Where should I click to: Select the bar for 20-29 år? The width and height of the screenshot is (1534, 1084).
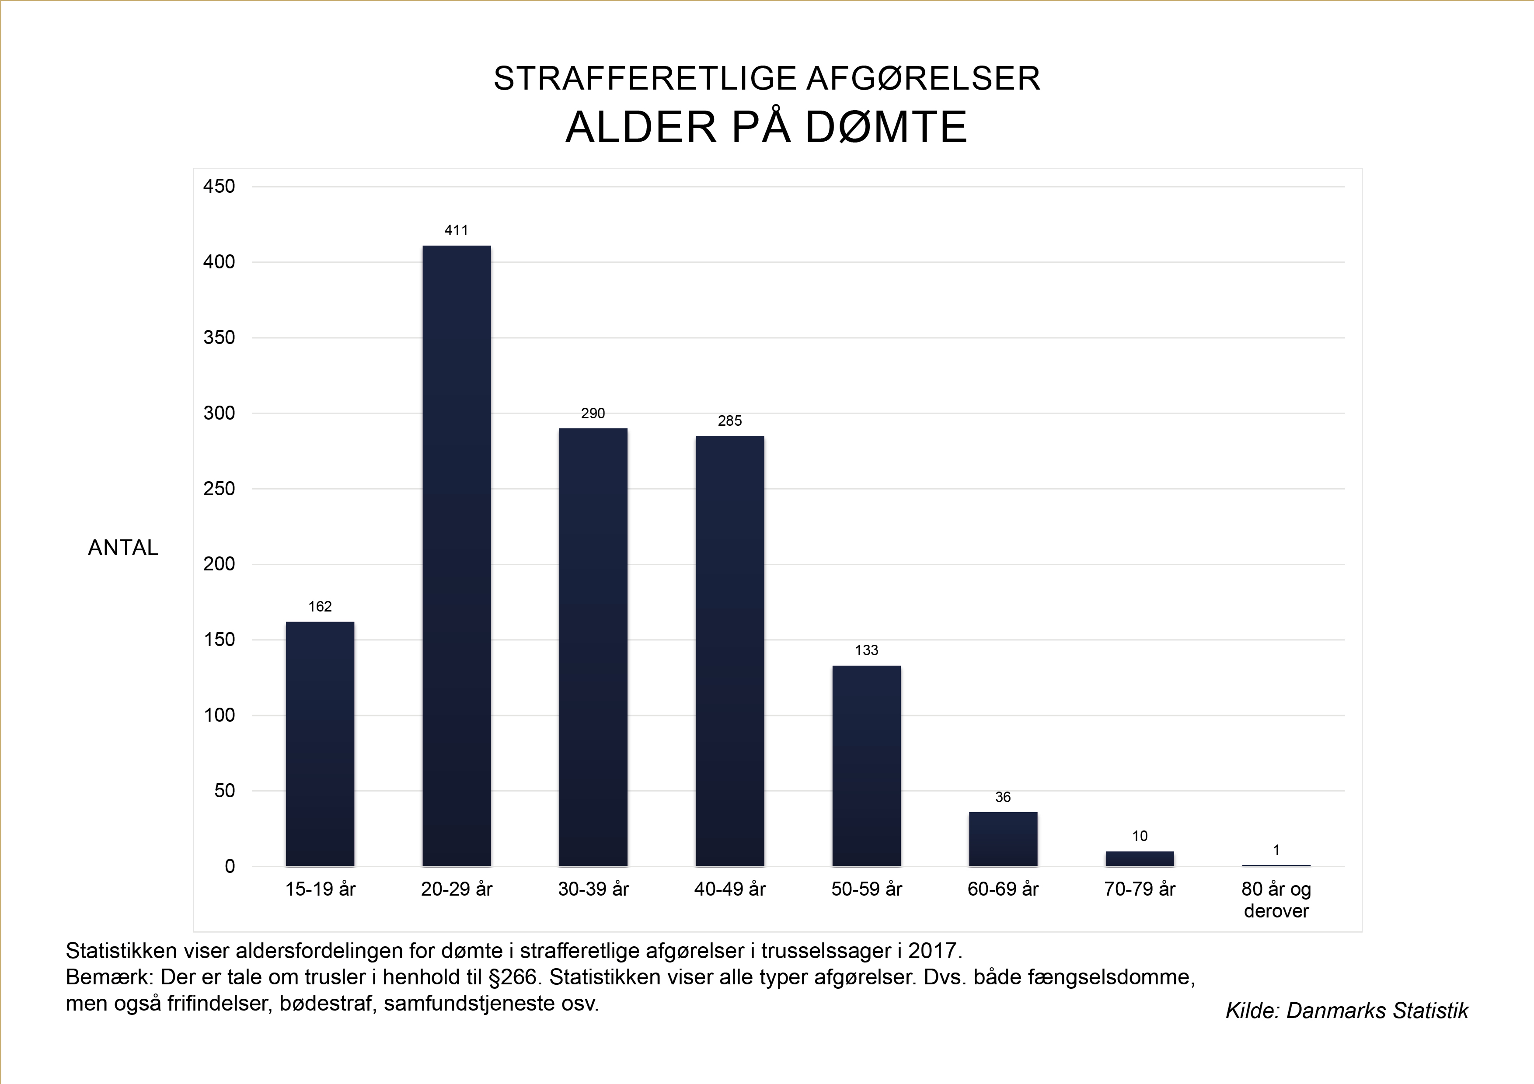457,556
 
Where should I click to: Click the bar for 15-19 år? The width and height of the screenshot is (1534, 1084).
320,744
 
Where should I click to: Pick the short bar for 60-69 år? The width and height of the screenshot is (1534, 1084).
1003,839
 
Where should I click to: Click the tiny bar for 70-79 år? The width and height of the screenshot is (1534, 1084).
1139,859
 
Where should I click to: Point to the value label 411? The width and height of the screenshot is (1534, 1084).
457,230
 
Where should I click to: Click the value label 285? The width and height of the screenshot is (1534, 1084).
729,421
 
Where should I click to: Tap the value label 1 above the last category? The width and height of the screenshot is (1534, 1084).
1276,850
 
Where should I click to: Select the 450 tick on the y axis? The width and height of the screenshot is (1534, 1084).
219,186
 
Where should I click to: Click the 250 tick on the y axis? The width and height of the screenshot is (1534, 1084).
219,489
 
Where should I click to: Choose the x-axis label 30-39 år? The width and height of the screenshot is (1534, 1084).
593,889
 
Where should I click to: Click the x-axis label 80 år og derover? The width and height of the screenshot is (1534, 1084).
1276,900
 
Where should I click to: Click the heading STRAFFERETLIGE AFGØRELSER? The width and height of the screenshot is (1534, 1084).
766,79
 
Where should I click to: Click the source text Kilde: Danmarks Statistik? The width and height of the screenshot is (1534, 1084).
1346,1011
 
